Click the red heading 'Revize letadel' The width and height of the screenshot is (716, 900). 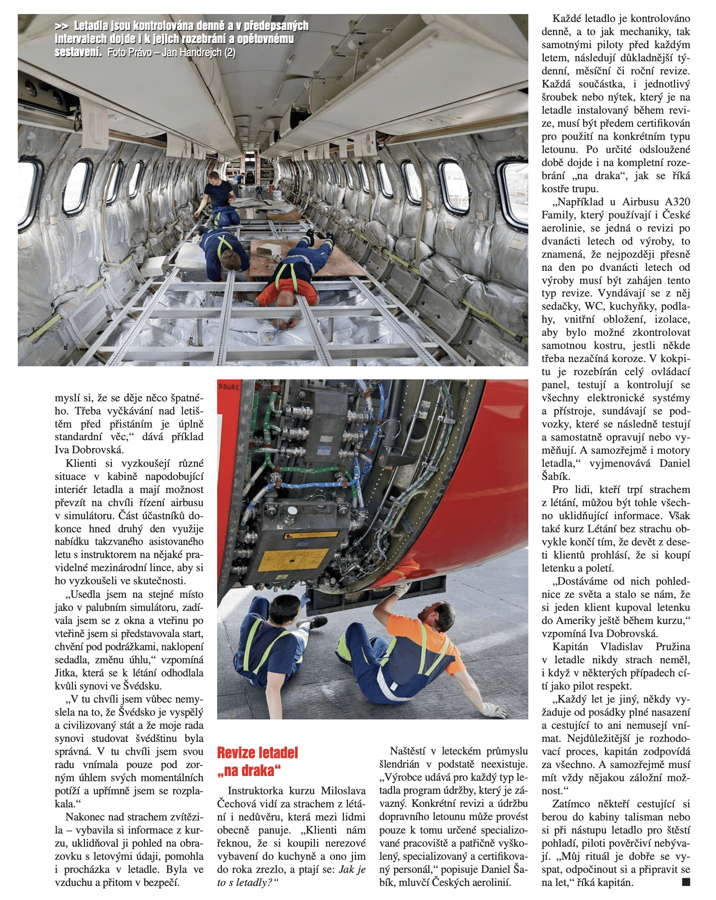pyautogui.click(x=257, y=753)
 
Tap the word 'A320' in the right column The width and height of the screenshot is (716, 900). pyautogui.click(x=678, y=202)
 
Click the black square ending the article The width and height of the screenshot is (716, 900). pyautogui.click(x=686, y=882)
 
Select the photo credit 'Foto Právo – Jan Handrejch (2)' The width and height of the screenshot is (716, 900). pyautogui.click(x=172, y=52)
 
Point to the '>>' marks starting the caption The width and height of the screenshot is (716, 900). pyautogui.click(x=61, y=26)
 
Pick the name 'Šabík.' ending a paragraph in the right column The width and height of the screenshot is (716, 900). pyautogui.click(x=556, y=477)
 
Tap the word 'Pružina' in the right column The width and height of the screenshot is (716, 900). pyautogui.click(x=672, y=647)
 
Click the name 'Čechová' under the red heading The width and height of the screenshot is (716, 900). pyautogui.click(x=234, y=804)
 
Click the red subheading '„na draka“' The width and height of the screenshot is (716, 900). pyautogui.click(x=249, y=770)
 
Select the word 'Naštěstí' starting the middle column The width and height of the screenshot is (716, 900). pyautogui.click(x=407, y=751)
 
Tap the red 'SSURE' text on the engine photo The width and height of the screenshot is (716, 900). pyautogui.click(x=229, y=387)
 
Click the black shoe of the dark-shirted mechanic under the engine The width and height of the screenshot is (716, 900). pyautogui.click(x=317, y=621)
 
